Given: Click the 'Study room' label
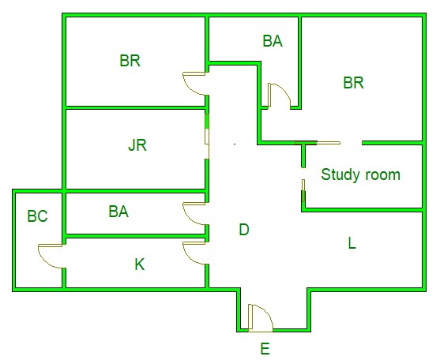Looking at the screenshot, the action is pyautogui.click(x=360, y=175).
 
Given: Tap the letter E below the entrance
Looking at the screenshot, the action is pyautogui.click(x=265, y=349).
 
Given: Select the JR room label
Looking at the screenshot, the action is pyautogui.click(x=137, y=145).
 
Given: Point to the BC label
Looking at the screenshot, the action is pyautogui.click(x=37, y=216).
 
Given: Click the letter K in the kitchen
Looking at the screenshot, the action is pyautogui.click(x=140, y=264).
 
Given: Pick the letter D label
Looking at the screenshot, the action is pyautogui.click(x=244, y=230).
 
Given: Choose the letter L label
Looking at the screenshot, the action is pyautogui.click(x=352, y=243).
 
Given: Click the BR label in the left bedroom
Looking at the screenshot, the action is pyautogui.click(x=130, y=61).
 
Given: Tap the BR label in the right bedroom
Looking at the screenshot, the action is pyautogui.click(x=354, y=83).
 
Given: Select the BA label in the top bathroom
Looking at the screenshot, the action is pyautogui.click(x=273, y=41).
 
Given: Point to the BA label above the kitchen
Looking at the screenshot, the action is pyautogui.click(x=118, y=212).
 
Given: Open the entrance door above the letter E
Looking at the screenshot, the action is pyautogui.click(x=261, y=318).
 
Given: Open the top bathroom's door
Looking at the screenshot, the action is pyautogui.click(x=280, y=96).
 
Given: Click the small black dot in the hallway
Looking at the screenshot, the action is pyautogui.click(x=235, y=144).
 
